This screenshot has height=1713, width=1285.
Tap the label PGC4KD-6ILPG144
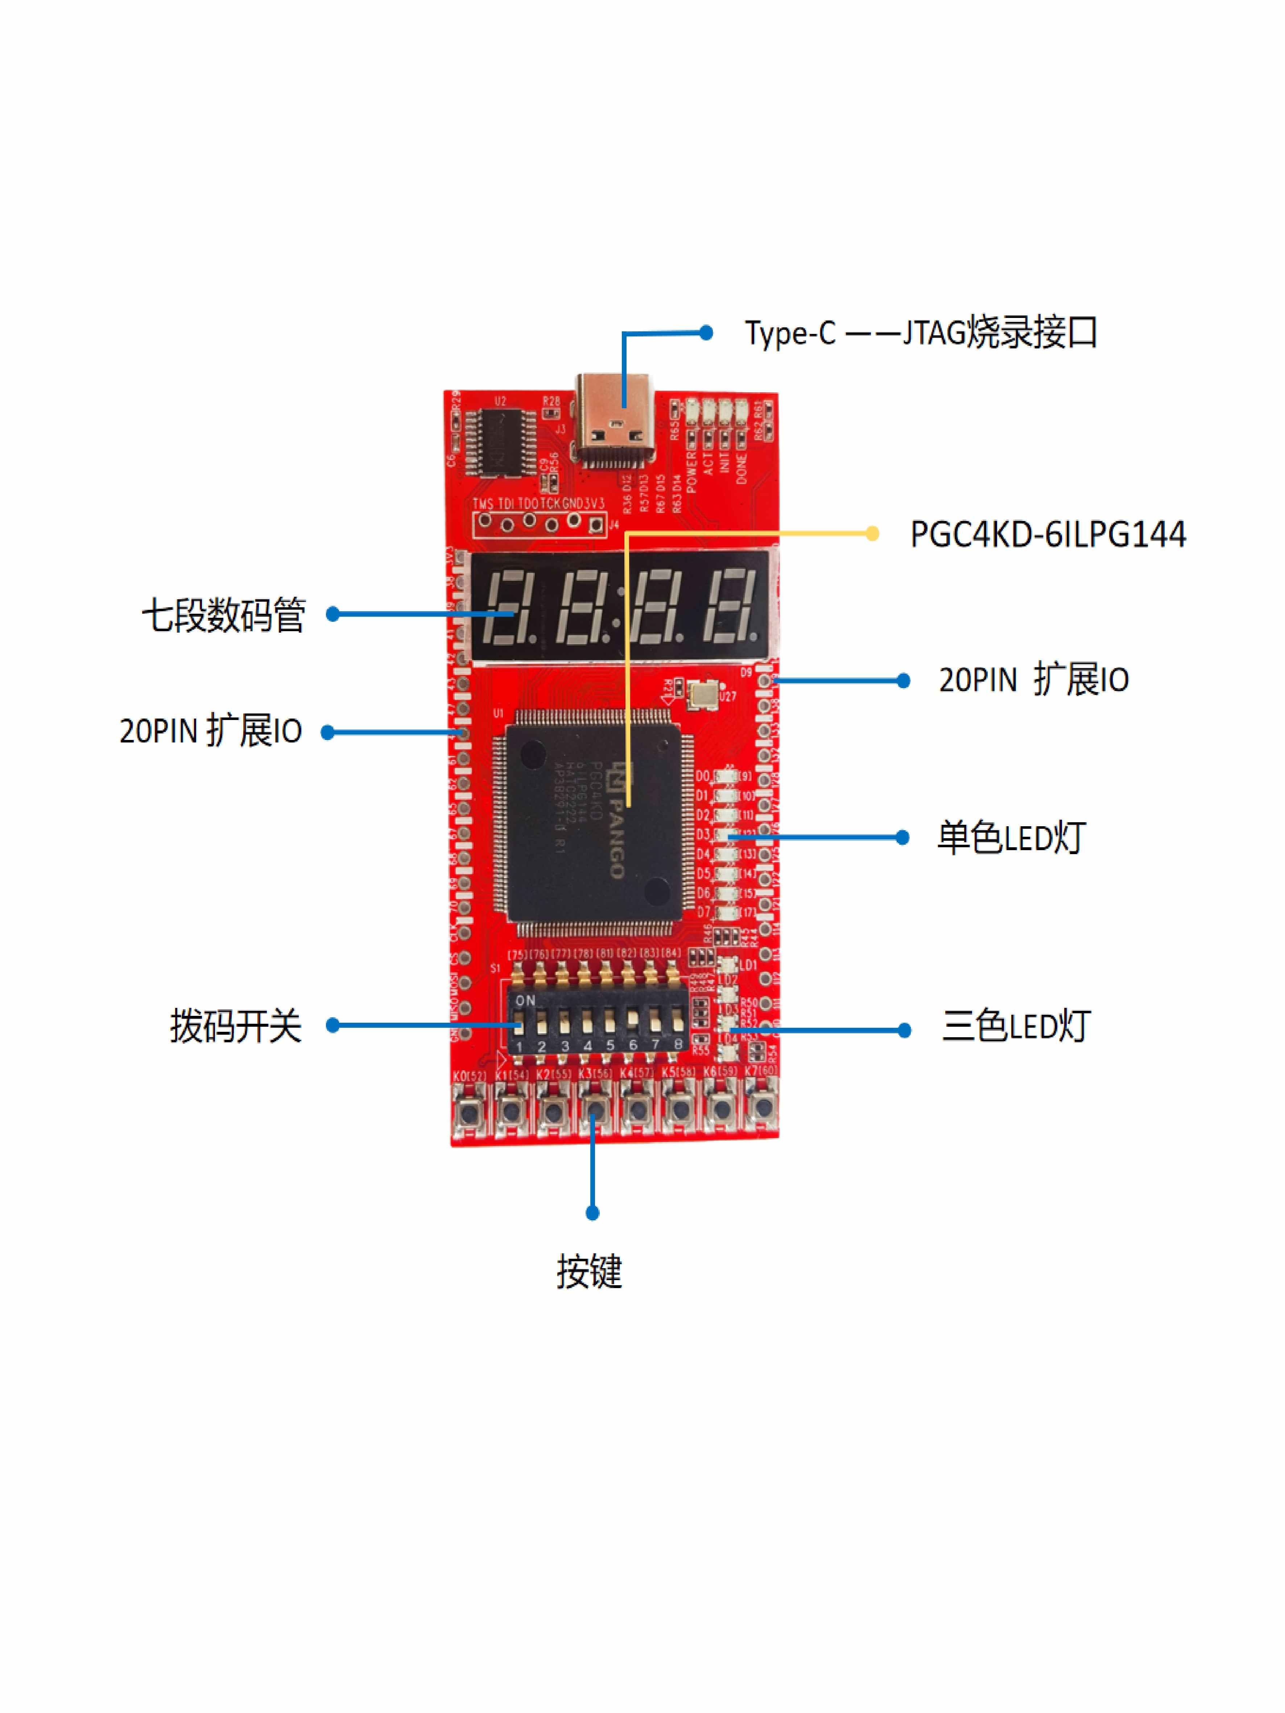[1047, 534]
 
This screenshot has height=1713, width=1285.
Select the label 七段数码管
[223, 616]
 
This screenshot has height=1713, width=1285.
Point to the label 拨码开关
[235, 1026]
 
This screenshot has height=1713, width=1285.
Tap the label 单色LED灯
[1012, 838]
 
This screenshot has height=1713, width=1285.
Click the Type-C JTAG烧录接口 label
[920, 333]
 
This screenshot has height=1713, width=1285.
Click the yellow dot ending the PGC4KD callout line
[872, 534]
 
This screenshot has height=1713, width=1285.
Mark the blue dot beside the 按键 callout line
[592, 1213]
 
